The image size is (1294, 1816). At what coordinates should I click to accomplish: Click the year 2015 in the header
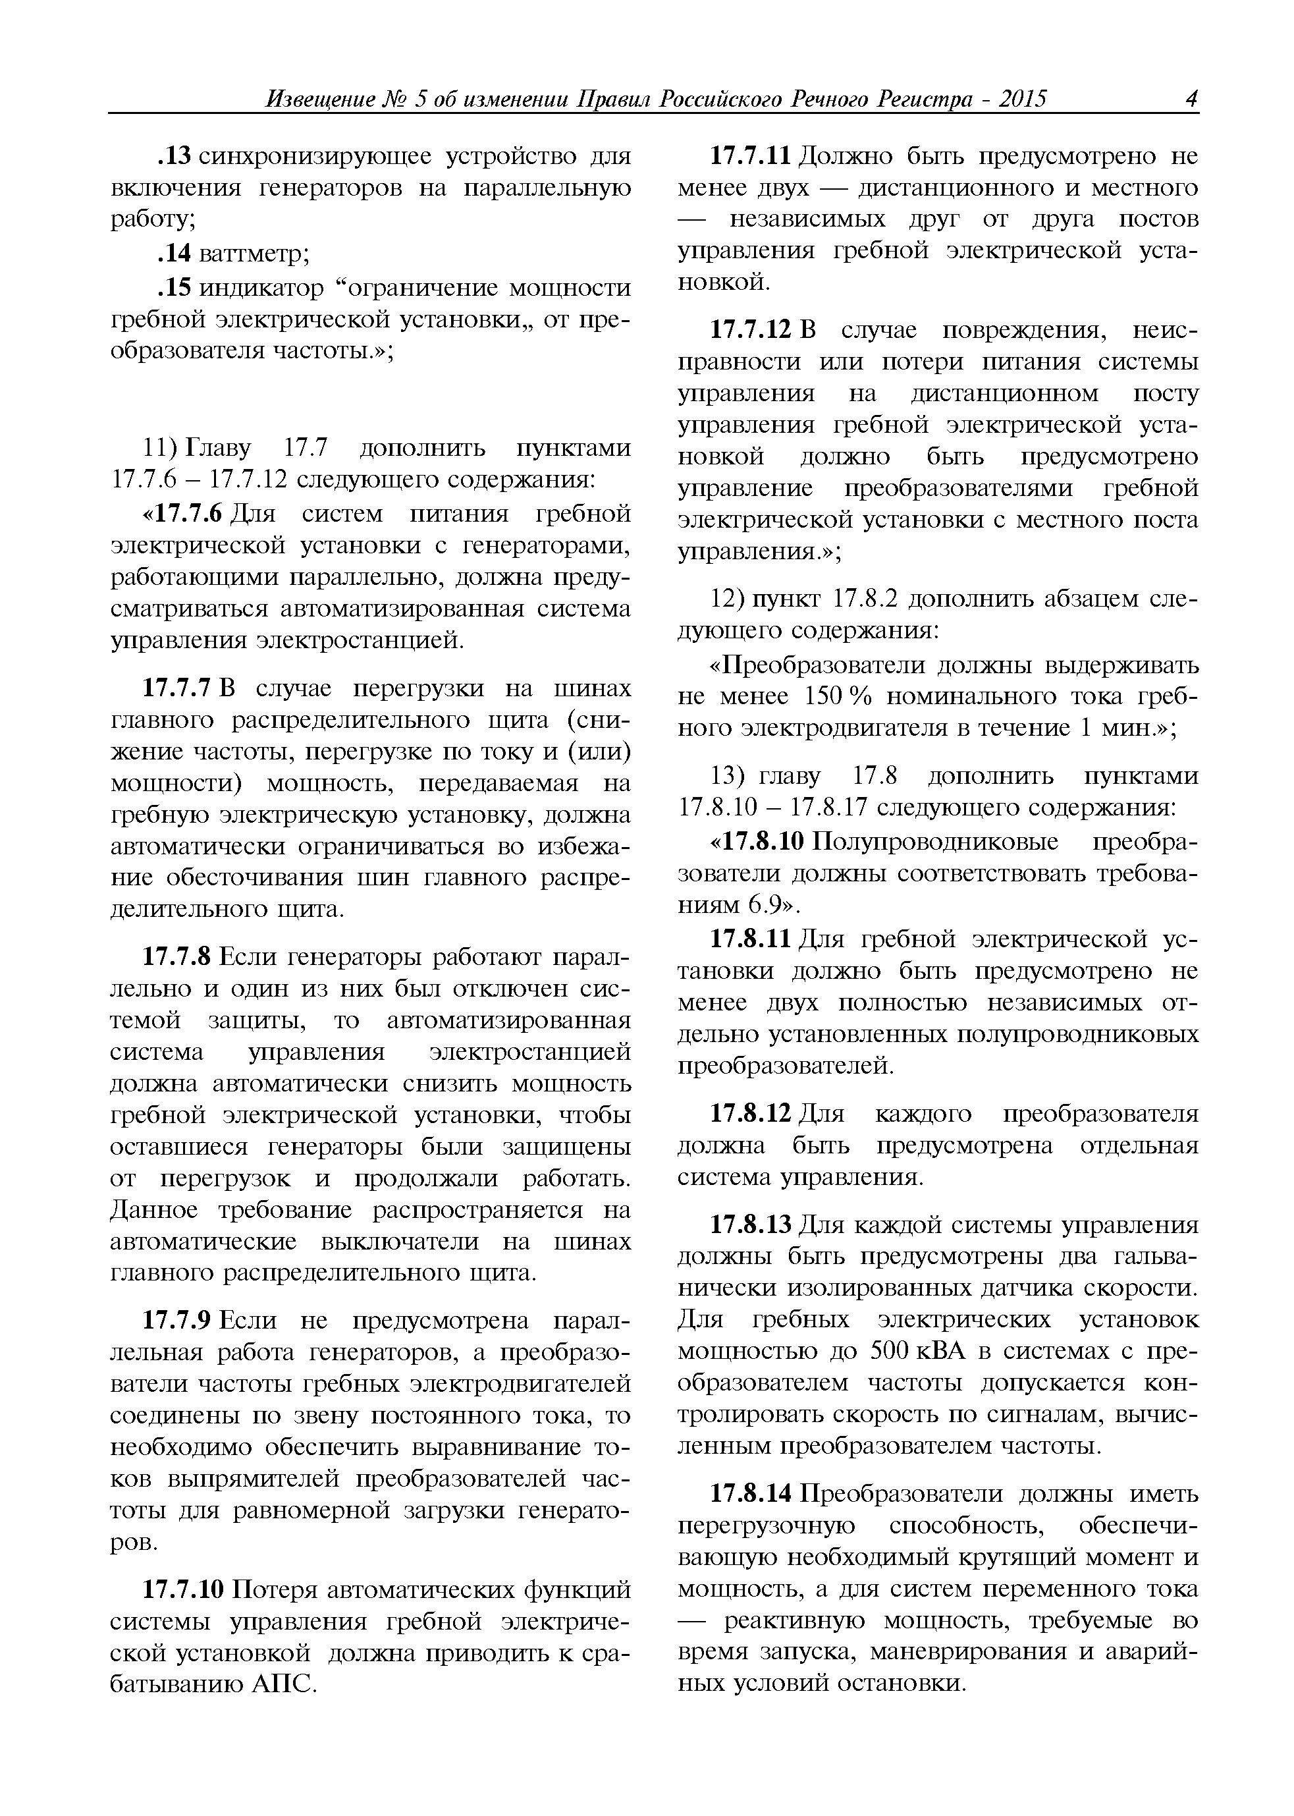point(1022,99)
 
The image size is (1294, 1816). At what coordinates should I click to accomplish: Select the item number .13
point(173,156)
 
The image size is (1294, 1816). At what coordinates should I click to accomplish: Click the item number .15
point(173,288)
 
